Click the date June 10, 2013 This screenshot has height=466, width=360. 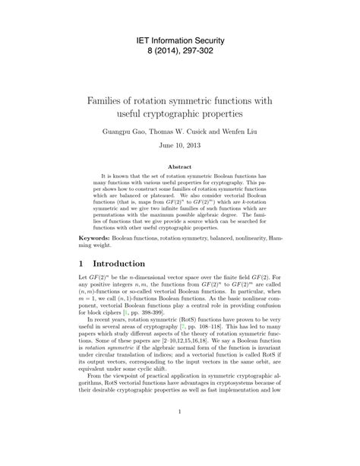click(x=180, y=148)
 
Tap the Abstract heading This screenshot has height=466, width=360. click(x=180, y=166)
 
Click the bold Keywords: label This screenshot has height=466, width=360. click(x=94, y=237)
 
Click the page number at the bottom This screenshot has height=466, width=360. click(x=180, y=436)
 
